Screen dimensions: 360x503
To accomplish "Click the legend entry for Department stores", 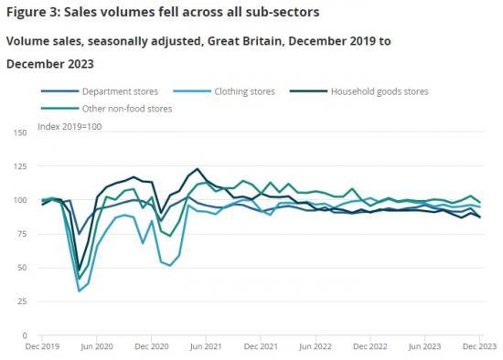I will click(119, 91).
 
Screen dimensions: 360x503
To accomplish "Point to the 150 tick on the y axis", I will click(20, 132).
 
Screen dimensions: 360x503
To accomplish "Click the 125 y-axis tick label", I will click(20, 166).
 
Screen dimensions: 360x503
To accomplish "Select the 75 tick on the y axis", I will click(22, 234).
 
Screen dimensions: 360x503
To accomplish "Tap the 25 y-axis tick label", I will click(22, 302).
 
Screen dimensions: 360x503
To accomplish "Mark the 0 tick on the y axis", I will click(25, 335).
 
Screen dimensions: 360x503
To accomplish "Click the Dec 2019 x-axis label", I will click(42, 348).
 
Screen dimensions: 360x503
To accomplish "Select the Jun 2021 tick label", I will click(209, 348).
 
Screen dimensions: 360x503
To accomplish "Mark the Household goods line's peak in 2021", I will click(197, 169).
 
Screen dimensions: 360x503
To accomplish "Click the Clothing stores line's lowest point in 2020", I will click(80, 291).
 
